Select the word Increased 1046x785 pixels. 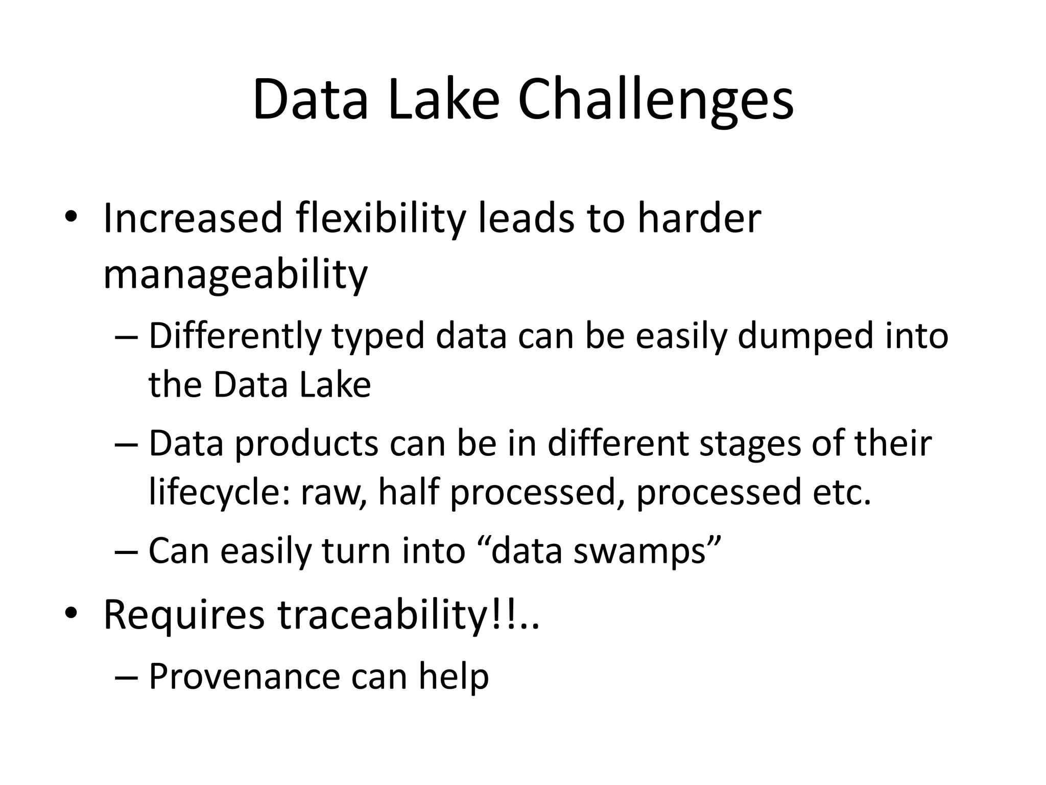click(193, 218)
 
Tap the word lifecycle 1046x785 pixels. click(219, 493)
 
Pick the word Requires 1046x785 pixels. click(184, 615)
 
